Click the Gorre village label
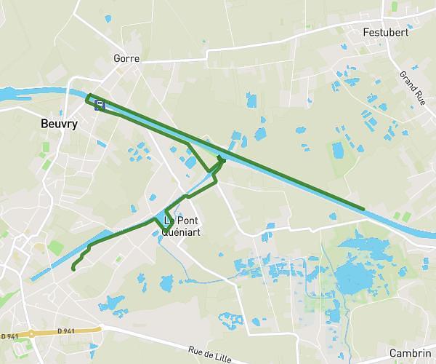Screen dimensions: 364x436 126,58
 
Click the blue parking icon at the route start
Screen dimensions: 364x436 100,105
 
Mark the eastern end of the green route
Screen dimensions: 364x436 363,209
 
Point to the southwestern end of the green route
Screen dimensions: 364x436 73,269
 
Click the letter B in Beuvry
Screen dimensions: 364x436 46,124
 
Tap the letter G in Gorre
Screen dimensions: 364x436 117,58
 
